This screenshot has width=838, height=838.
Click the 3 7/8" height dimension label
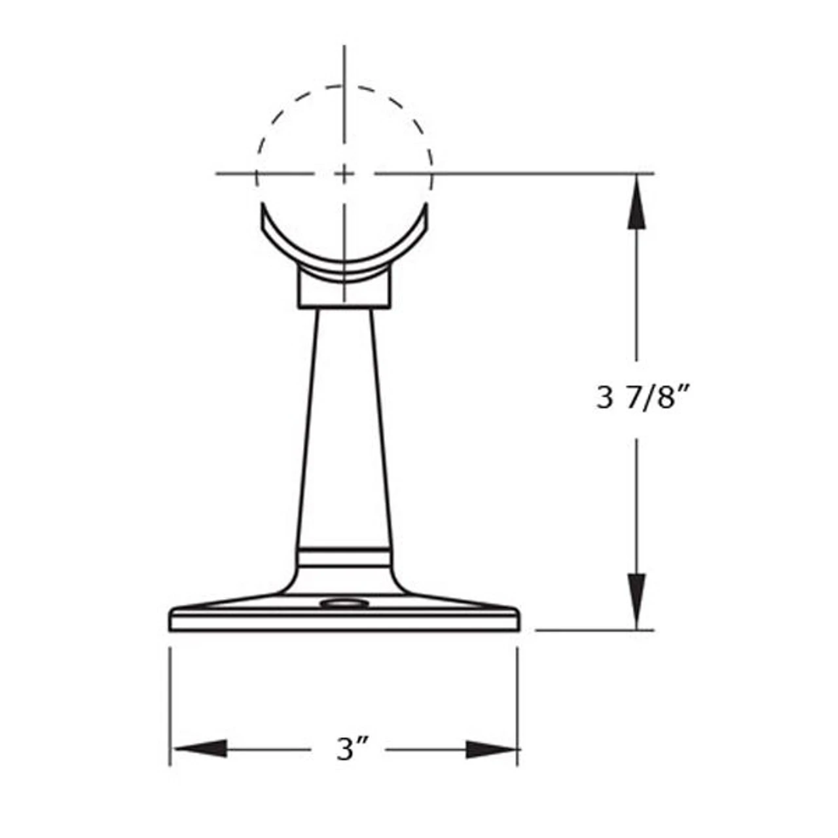click(644, 397)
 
